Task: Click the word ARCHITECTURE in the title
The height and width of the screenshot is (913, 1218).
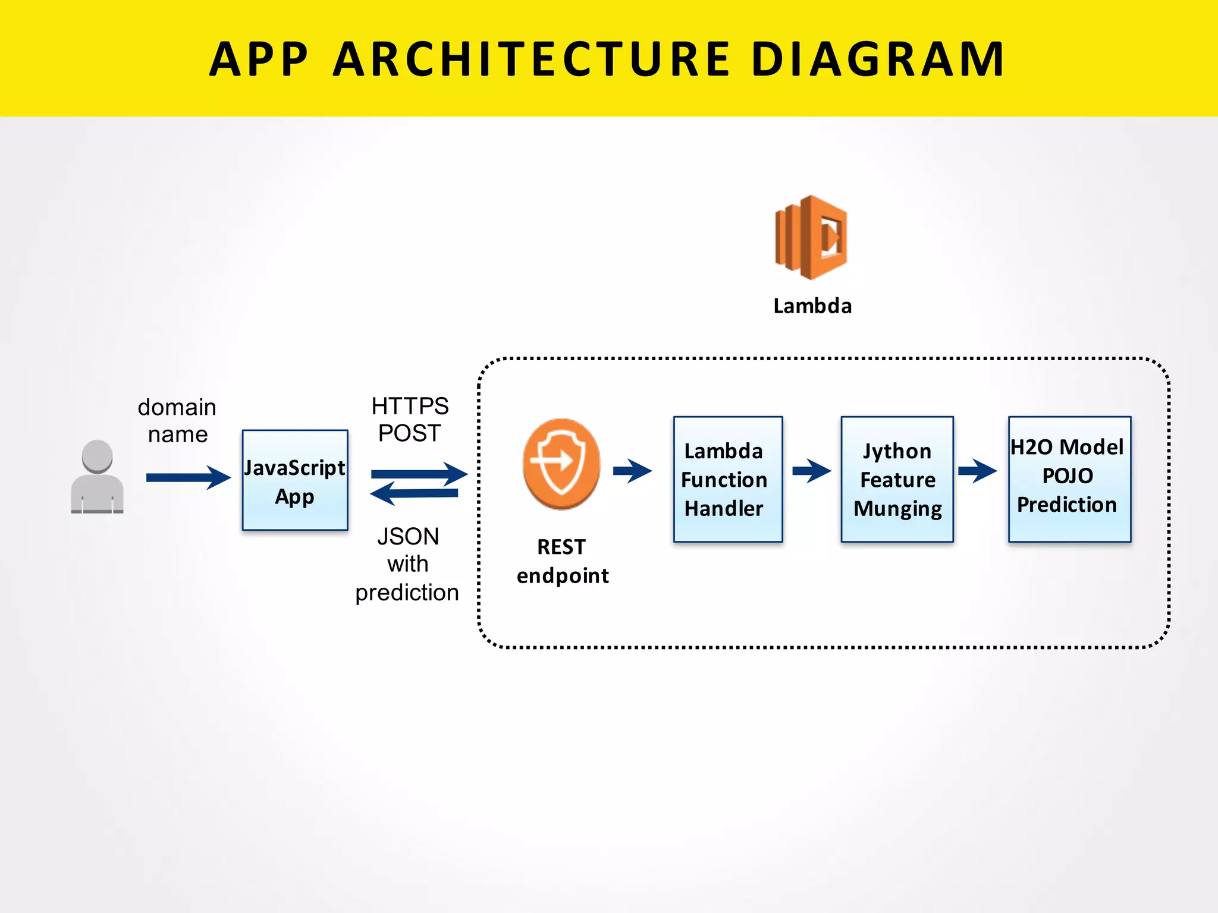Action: [x=531, y=59]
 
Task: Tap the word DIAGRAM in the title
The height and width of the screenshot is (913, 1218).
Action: [x=878, y=59]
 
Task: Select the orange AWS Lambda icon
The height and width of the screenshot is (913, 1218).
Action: [x=811, y=237]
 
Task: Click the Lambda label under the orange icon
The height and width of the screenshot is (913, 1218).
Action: [x=812, y=306]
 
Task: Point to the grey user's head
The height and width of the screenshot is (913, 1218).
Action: [x=97, y=456]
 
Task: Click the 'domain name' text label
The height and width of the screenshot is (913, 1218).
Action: [x=177, y=421]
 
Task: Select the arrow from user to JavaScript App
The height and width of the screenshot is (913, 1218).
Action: [x=188, y=477]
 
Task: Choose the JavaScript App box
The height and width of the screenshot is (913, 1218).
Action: [x=295, y=480]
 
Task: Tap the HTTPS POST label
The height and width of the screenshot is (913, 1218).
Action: [x=410, y=420]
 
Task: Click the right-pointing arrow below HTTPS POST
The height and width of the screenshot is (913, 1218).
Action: [x=419, y=474]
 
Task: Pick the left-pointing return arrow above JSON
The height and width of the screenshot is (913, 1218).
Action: [x=414, y=493]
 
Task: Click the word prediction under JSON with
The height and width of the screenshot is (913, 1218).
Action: [x=407, y=593]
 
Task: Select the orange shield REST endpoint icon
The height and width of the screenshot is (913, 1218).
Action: [x=561, y=463]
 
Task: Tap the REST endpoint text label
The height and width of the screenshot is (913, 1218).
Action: [x=562, y=561]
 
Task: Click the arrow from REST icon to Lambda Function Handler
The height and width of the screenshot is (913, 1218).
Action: [x=632, y=471]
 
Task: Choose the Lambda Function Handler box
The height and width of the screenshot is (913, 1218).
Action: [x=728, y=479]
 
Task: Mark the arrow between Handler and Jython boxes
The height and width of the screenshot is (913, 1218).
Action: [x=811, y=471]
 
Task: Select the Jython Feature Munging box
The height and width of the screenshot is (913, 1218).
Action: [x=897, y=479]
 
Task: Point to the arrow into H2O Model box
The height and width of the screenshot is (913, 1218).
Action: [x=977, y=471]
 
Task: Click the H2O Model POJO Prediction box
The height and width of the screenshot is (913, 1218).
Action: [x=1069, y=479]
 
